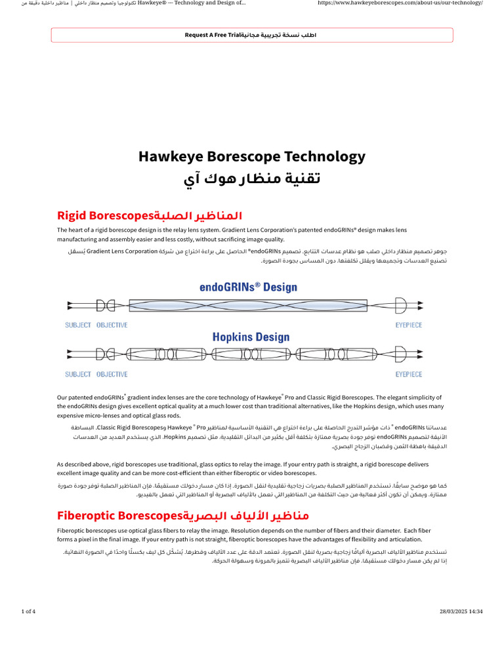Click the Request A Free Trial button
(251, 35)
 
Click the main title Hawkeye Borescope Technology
(251, 157)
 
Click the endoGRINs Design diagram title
(248, 287)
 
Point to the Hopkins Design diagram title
(251, 337)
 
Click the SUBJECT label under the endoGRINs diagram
(78, 325)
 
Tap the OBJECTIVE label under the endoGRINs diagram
(112, 325)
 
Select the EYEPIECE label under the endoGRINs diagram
(409, 325)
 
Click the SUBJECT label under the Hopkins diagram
(78, 374)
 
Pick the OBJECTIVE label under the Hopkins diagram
(112, 374)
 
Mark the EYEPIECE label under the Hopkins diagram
(409, 374)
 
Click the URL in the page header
(400, 3)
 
